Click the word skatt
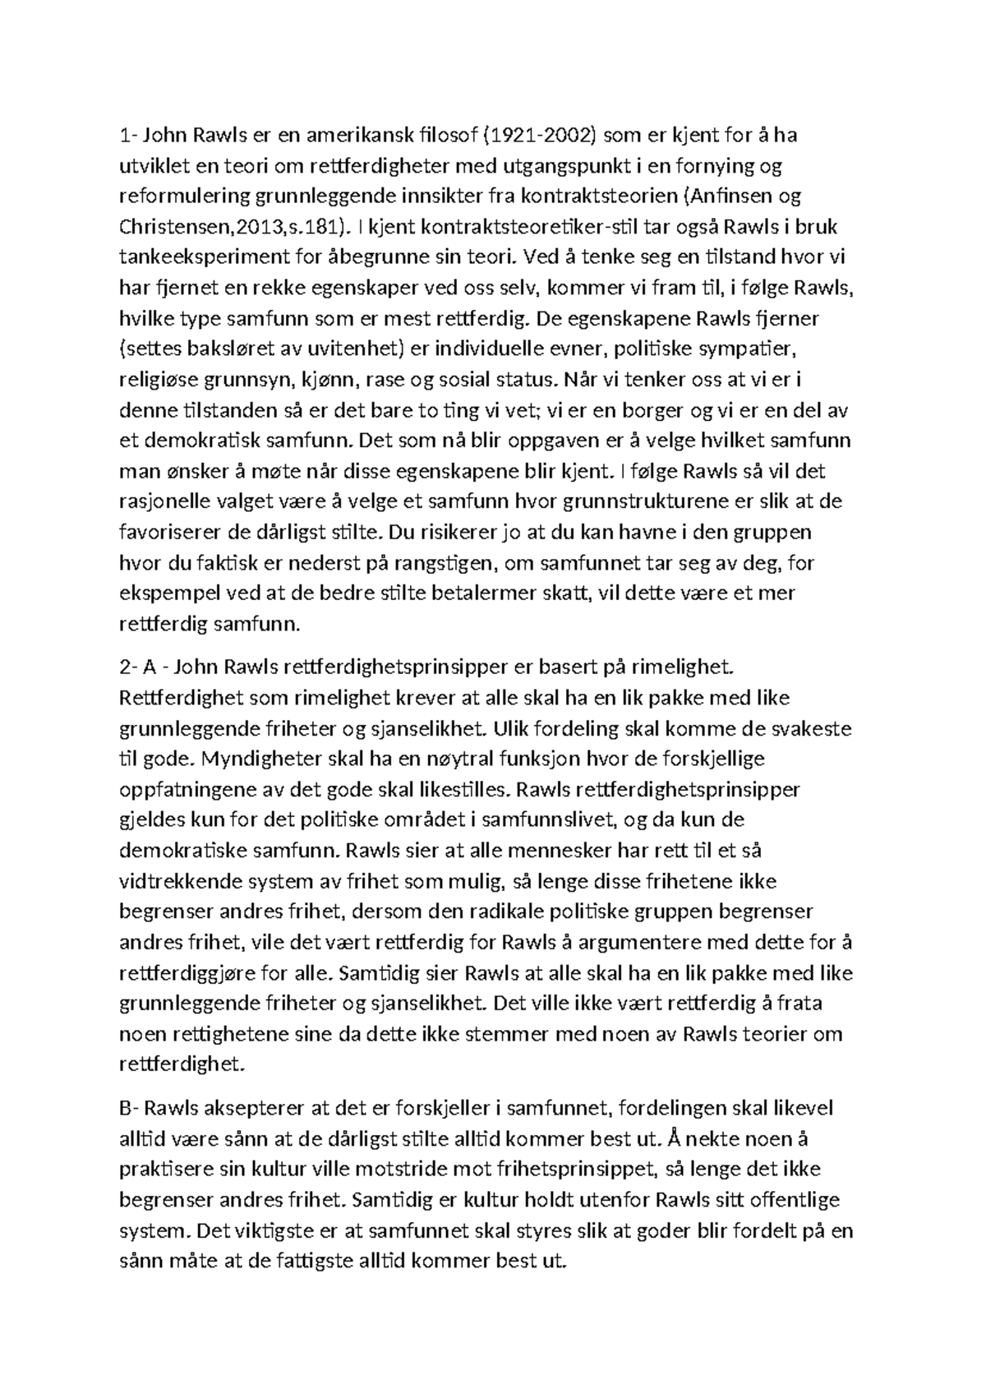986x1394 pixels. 559,593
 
